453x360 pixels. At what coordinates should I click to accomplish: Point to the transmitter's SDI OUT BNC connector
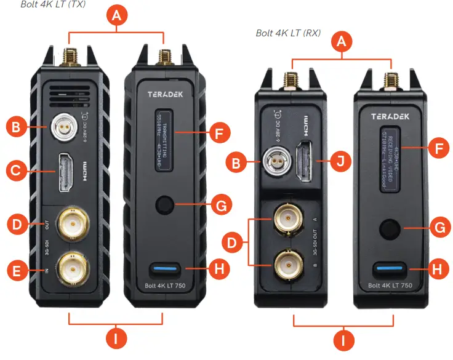coord(71,225)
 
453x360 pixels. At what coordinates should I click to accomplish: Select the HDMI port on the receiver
coord(304,163)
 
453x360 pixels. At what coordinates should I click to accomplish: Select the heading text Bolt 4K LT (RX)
coord(288,33)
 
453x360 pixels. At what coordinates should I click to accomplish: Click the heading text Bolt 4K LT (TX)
coord(53,5)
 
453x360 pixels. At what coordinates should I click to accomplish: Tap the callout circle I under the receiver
coord(343,340)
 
